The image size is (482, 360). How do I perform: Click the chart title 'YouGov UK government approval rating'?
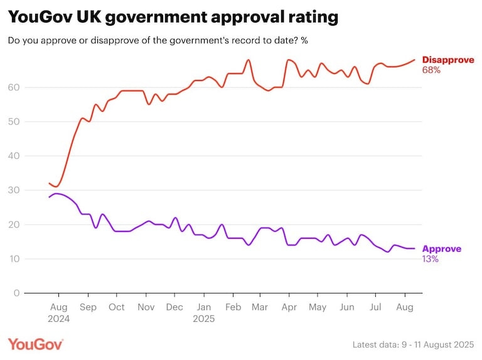click(x=173, y=18)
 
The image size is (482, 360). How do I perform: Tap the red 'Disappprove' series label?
click(x=448, y=60)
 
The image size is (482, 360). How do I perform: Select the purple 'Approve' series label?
click(x=442, y=249)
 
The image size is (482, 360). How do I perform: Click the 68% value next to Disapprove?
click(x=431, y=70)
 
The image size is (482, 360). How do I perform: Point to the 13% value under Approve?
click(x=431, y=259)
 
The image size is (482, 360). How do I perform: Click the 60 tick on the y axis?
click(x=13, y=87)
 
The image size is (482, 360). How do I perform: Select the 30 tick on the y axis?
click(x=13, y=190)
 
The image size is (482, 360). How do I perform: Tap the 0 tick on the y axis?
click(x=15, y=293)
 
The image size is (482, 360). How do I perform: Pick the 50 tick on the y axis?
click(x=13, y=122)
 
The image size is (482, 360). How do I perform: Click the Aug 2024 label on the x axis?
click(x=58, y=312)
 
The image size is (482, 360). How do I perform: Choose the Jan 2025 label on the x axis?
click(x=204, y=312)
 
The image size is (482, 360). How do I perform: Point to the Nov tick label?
click(x=146, y=307)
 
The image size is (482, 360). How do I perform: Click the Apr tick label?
click(x=289, y=307)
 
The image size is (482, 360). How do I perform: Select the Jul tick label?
click(x=375, y=307)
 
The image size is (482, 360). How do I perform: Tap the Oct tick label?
click(x=116, y=307)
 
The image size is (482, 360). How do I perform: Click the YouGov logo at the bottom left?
click(x=36, y=344)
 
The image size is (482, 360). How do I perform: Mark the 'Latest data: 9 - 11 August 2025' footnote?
click(x=414, y=344)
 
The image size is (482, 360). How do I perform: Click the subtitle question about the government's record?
click(x=158, y=41)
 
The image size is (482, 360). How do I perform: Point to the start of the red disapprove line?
click(x=49, y=183)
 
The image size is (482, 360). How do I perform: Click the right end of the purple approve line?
click(x=414, y=248)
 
